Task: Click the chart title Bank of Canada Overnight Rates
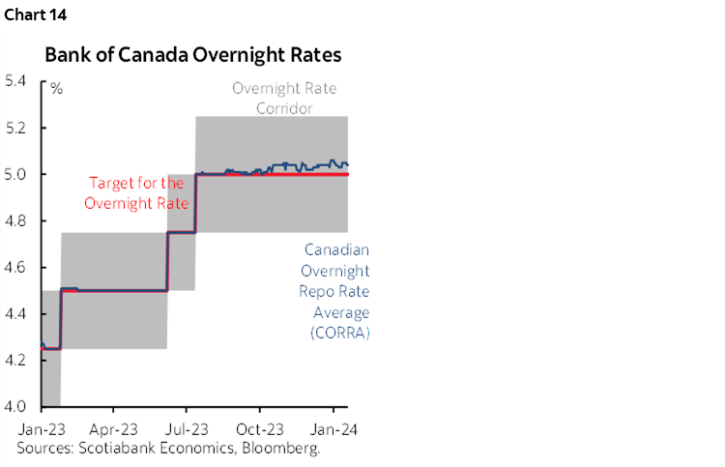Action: point(192,55)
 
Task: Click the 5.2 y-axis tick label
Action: point(15,128)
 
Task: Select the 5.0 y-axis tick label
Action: point(15,174)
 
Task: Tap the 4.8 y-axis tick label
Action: point(15,220)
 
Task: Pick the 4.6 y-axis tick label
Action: point(15,267)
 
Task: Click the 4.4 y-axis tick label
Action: point(15,313)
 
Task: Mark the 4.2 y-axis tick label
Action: point(15,360)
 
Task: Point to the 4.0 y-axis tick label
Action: point(15,406)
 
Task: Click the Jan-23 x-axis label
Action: point(39,427)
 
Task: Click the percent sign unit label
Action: point(57,89)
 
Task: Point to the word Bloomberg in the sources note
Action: point(283,448)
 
